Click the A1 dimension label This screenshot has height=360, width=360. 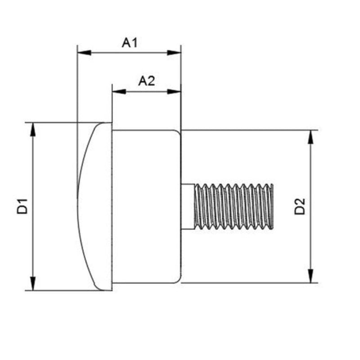[130, 43]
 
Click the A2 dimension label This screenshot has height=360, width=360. [147, 81]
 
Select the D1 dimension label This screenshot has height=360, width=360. [23, 206]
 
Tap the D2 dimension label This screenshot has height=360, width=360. [300, 206]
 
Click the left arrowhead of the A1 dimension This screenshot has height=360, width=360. [84, 53]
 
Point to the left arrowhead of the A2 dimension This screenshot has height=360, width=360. [118, 91]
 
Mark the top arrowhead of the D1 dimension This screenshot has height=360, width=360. [32, 129]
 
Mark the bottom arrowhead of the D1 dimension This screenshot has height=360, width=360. [32, 284]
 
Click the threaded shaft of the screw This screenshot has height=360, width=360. [234, 206]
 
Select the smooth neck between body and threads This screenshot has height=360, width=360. [188, 206]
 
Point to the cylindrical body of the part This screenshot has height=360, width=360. [146, 206]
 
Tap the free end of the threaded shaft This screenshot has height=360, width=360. [272, 206]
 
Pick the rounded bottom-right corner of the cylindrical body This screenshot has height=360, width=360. [178, 279]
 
